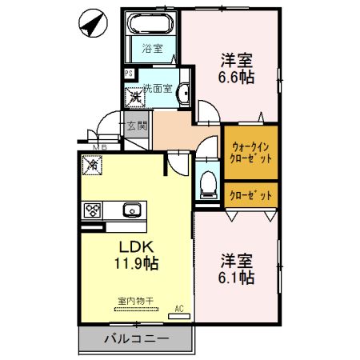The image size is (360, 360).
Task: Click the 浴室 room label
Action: pos(153,48)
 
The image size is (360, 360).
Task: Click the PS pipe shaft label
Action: pos(129,74)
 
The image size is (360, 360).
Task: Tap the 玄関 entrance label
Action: pos(136,126)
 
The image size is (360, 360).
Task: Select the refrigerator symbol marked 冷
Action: pos(92,166)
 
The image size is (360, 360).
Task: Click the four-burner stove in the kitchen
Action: pos(93,211)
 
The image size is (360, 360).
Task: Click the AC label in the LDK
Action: pos(179,308)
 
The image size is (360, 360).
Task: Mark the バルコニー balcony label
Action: pos(136,339)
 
